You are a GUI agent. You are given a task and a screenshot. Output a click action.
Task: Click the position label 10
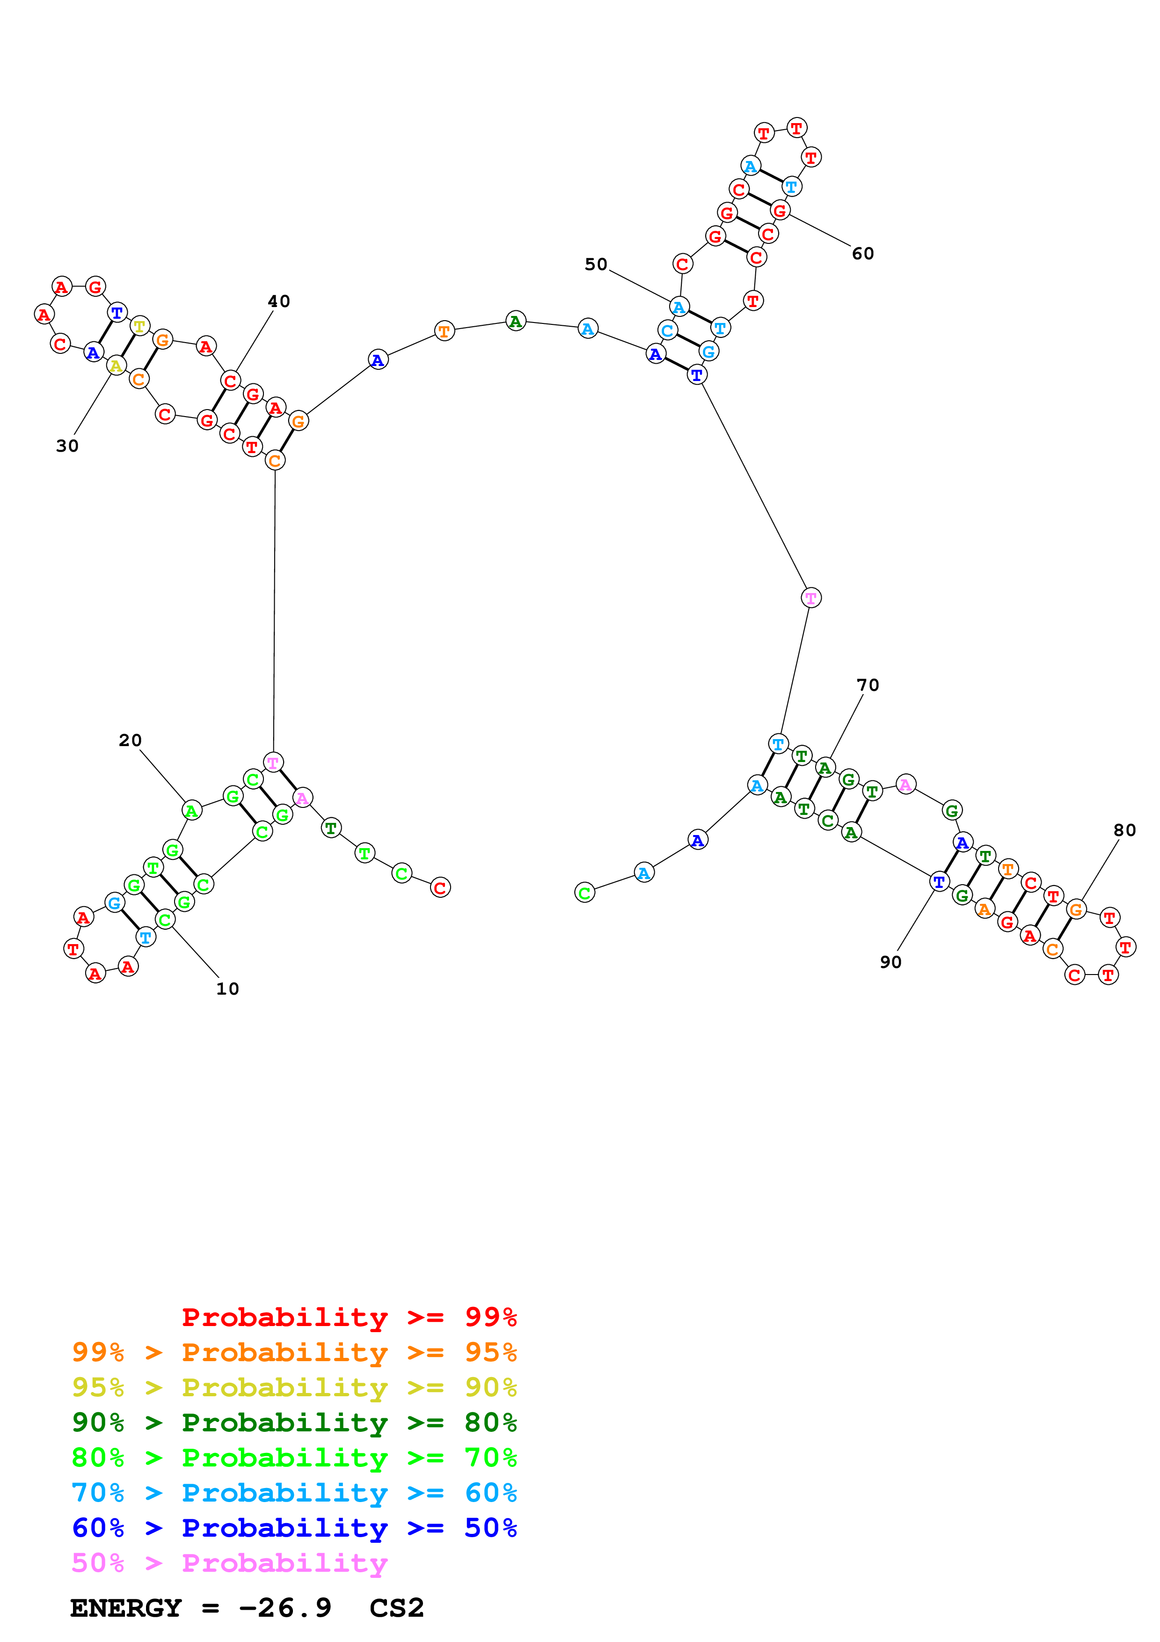tap(227, 989)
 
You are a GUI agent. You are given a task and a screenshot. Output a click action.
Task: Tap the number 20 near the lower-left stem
tap(130, 740)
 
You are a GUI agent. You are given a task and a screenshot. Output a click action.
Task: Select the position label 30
tap(67, 446)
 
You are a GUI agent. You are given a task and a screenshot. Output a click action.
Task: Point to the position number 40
tap(279, 301)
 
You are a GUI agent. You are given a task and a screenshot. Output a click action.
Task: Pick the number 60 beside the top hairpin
tap(863, 253)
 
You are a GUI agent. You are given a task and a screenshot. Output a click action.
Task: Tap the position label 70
tap(868, 685)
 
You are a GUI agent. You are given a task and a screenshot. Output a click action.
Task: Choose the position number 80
tap(1124, 830)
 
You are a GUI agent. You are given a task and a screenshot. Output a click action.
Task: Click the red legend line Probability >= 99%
tap(349, 1317)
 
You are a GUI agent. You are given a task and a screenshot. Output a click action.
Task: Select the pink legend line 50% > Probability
tap(229, 1563)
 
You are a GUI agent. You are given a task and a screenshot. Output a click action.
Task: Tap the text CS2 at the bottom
tap(397, 1608)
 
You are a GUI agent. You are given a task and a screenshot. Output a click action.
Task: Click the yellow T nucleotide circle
tap(140, 327)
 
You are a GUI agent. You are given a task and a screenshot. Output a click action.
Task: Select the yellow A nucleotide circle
tap(116, 366)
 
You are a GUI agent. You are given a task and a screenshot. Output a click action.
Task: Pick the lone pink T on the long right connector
tap(810, 598)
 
